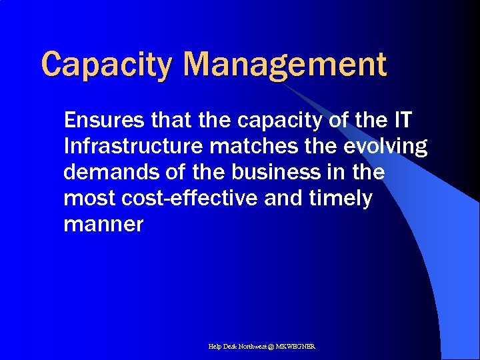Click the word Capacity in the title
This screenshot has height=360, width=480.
pos(107,65)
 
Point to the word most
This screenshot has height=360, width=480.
pos(87,198)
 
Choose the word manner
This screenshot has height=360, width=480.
pos(103,225)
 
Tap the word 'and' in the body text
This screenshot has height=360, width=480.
pos(283,198)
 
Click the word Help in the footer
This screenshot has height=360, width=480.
pos(215,347)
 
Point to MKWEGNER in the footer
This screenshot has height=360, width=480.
pos(299,347)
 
